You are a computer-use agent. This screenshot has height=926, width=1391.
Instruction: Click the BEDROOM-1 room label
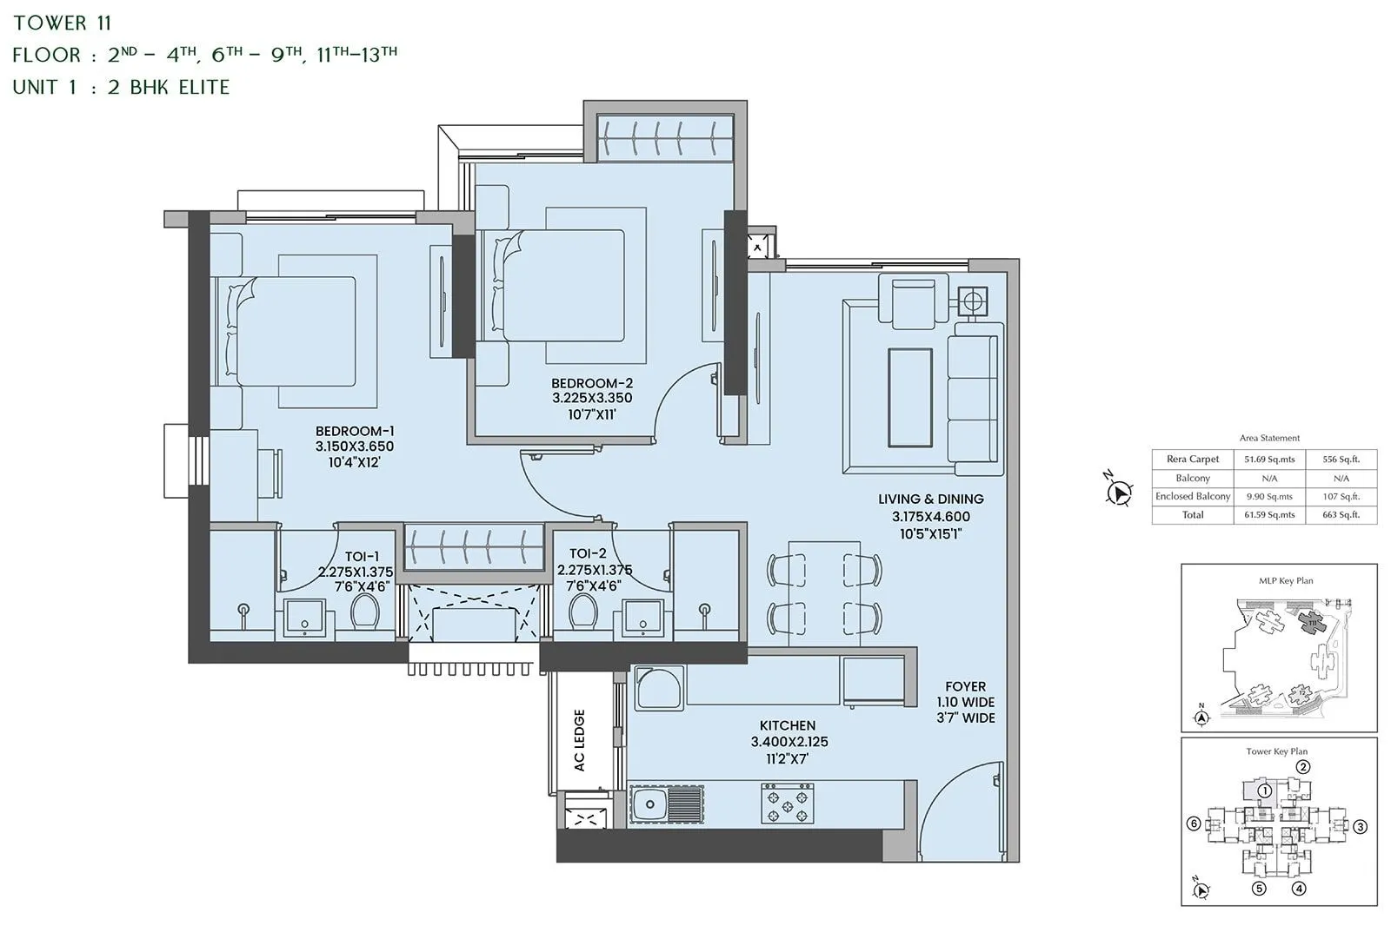click(355, 432)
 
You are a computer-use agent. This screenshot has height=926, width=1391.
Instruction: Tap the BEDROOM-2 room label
click(592, 383)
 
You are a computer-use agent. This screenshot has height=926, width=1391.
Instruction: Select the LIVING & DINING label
click(930, 499)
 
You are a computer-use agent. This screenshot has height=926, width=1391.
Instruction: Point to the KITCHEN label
click(788, 726)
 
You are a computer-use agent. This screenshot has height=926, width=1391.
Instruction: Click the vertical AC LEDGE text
click(580, 740)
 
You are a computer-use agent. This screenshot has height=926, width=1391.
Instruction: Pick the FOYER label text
click(966, 686)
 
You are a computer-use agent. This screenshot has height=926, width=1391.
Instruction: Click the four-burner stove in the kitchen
click(788, 804)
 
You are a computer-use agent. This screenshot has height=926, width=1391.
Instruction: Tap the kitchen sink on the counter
click(648, 804)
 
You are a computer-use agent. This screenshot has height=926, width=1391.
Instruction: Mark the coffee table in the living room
click(909, 397)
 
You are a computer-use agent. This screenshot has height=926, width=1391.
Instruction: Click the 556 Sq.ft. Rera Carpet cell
click(1341, 460)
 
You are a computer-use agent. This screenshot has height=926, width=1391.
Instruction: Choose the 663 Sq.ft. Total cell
click(1341, 515)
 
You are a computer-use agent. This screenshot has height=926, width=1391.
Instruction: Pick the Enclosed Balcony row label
click(1193, 497)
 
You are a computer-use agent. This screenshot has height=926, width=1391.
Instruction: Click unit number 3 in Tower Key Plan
click(1361, 827)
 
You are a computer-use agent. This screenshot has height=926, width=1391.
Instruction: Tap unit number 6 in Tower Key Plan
click(1194, 824)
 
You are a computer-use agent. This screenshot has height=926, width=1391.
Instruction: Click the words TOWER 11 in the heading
click(63, 23)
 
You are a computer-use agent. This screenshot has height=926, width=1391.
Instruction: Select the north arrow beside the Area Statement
click(1119, 492)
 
